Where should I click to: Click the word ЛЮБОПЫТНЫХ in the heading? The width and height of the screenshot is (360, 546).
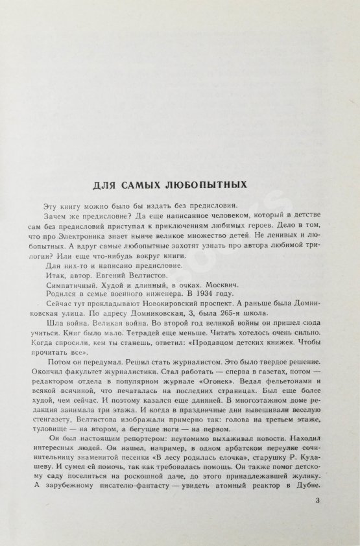pyautogui.click(x=210, y=185)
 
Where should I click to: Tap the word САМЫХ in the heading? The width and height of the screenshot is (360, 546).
pyautogui.click(x=146, y=185)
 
